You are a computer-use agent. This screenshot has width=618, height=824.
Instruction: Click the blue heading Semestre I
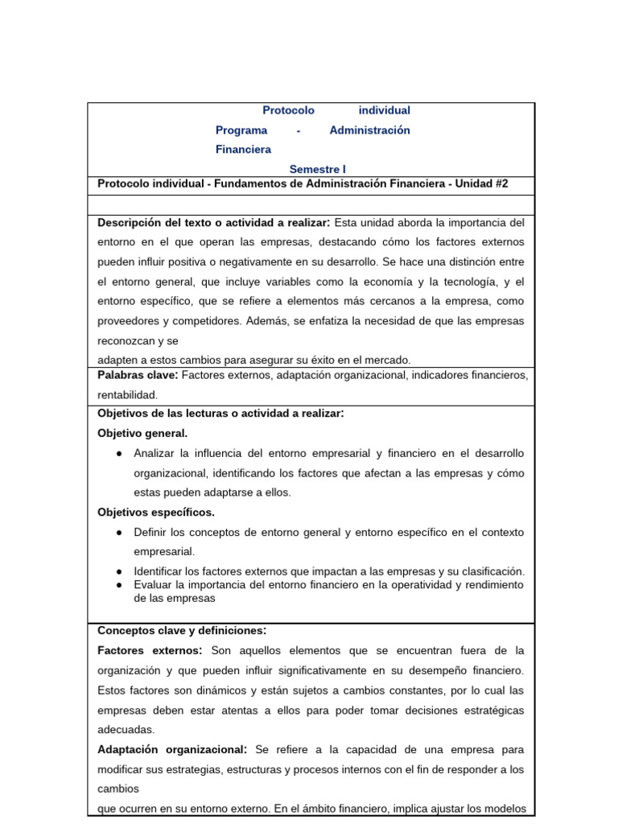317,169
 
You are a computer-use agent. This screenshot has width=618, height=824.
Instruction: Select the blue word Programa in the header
241,130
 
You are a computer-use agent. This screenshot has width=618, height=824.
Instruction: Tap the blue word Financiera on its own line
243,149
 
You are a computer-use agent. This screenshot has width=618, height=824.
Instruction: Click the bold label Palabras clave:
138,375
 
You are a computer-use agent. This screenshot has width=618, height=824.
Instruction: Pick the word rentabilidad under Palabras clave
127,394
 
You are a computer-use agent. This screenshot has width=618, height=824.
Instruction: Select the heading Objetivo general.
142,433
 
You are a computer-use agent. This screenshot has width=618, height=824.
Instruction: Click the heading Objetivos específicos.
156,512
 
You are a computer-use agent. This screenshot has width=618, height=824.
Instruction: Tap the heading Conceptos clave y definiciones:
182,630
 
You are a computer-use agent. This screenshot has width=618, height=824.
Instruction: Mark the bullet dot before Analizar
119,453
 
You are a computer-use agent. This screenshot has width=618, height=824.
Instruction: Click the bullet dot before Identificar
119,571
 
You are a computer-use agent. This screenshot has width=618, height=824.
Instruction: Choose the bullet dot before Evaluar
119,584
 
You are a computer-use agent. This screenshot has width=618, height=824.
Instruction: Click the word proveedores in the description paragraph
129,320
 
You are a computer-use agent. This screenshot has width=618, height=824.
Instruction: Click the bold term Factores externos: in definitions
150,650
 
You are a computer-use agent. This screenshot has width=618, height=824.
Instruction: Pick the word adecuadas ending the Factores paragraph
126,729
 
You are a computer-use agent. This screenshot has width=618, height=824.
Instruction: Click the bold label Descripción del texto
171,222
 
